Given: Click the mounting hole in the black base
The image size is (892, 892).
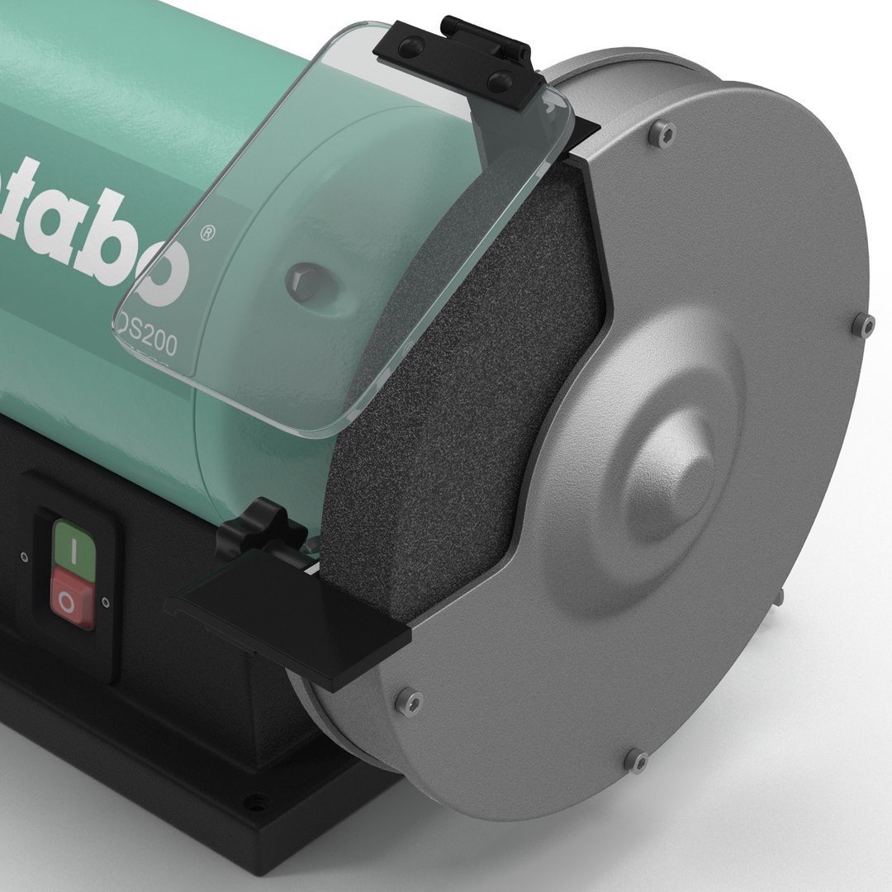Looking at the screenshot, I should click(258, 799).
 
